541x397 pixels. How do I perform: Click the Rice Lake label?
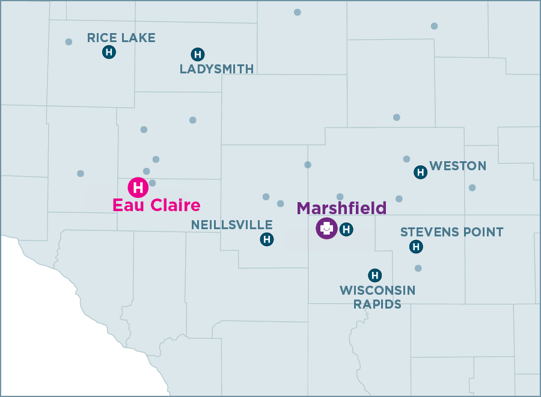click(x=121, y=38)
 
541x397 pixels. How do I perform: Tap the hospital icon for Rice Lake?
click(x=109, y=52)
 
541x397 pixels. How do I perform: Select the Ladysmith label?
click(x=216, y=69)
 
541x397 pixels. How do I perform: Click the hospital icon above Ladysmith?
click(x=197, y=54)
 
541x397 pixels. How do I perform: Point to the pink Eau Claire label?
click(x=156, y=205)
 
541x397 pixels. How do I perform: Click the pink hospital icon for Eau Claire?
click(x=138, y=187)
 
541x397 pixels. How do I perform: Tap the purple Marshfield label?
click(x=341, y=208)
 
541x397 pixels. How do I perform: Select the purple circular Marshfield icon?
click(x=326, y=229)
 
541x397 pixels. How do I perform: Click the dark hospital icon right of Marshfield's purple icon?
click(x=346, y=229)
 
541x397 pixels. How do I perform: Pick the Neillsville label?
click(x=231, y=225)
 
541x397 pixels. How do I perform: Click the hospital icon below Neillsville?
click(x=267, y=239)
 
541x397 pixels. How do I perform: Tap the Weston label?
click(x=457, y=166)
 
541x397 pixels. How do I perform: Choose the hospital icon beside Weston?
click(x=421, y=173)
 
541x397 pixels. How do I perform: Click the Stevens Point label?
click(x=451, y=232)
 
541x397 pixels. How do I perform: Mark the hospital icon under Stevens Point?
click(x=416, y=247)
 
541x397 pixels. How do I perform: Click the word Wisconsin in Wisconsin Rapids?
click(x=377, y=291)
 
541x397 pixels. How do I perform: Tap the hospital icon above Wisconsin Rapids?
click(x=375, y=275)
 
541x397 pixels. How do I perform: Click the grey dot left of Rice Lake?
click(x=69, y=42)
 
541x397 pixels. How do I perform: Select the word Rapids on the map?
click(x=377, y=304)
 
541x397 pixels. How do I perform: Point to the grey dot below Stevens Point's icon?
click(x=418, y=268)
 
